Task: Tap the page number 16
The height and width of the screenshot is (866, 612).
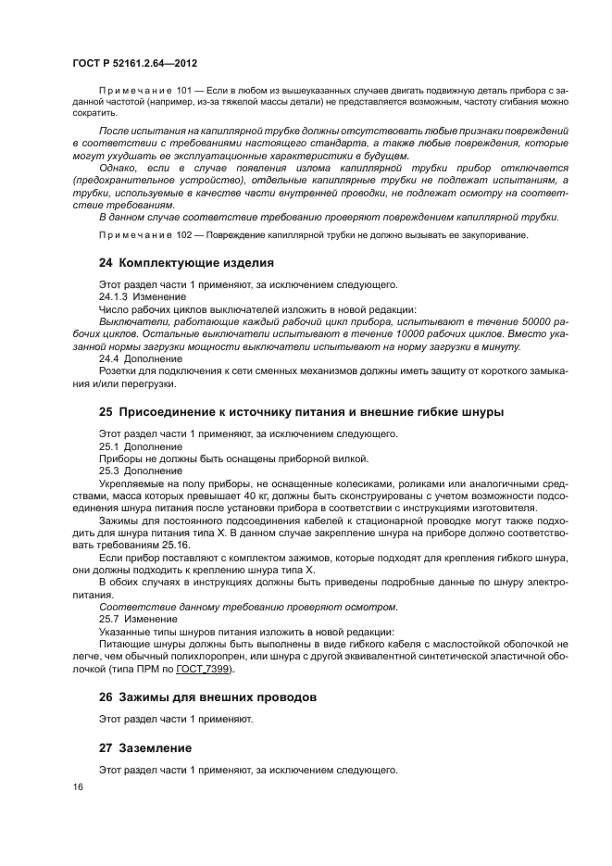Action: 78,786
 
